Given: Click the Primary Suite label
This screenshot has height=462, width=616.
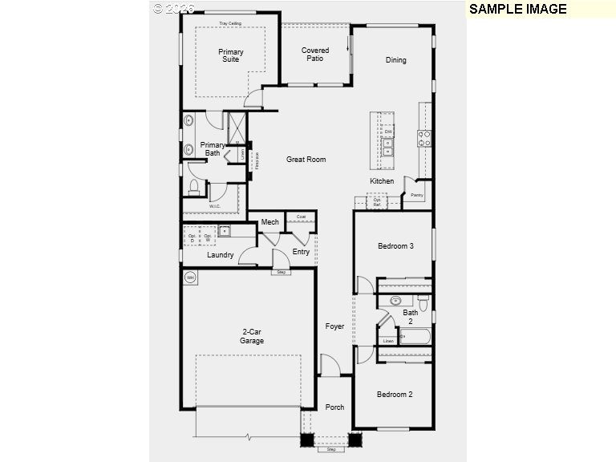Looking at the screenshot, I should pos(231,55).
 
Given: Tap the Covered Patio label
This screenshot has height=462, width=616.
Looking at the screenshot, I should pos(315,55).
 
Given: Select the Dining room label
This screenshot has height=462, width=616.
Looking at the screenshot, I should pos(395,60).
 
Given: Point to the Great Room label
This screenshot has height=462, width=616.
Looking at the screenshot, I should pos(306,160).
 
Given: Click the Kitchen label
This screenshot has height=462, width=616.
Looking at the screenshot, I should pos(382,181).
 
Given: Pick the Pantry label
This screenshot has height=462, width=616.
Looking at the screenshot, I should pos(416,195).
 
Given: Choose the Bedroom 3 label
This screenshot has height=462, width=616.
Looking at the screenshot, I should pos(395,246).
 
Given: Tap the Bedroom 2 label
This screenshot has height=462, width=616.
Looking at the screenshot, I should pos(395,395).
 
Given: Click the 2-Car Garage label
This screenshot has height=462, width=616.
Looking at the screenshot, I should pos(252,336).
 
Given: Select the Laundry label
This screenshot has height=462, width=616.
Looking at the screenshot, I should pos(221,256).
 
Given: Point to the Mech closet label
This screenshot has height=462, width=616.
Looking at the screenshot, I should pos(269,222).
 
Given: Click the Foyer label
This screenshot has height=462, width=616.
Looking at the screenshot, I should pos(334,326).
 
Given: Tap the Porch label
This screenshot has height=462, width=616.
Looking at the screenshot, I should pos(334,407).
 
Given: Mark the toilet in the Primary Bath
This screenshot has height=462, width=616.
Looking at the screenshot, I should pos(193,188).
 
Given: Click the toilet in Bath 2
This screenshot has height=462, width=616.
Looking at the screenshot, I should pos(423,303).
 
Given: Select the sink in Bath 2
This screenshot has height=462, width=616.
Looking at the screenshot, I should pos(395,301).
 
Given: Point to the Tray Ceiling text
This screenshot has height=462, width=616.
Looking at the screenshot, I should pos(230,23).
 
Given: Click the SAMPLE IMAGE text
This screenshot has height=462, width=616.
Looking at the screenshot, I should pos(517,10).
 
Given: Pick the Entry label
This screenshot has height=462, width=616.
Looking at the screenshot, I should pos(301,252).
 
